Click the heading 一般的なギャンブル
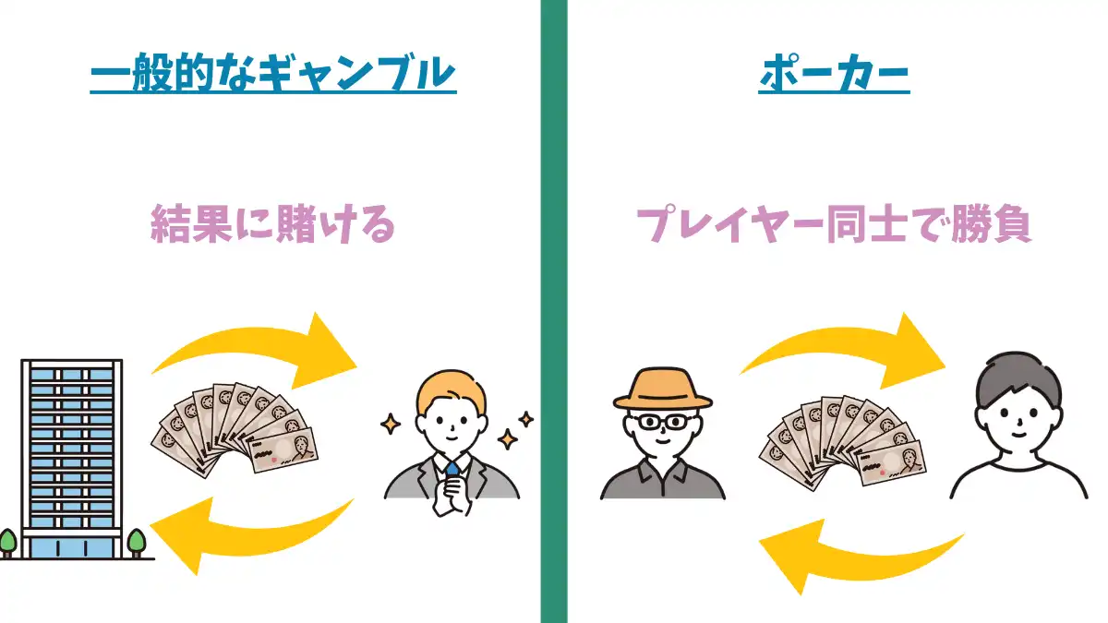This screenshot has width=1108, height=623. [x=273, y=73]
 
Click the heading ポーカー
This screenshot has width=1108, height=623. [x=835, y=73]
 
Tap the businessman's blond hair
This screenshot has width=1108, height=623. [x=451, y=389]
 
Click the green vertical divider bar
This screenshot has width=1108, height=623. [x=553, y=311]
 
